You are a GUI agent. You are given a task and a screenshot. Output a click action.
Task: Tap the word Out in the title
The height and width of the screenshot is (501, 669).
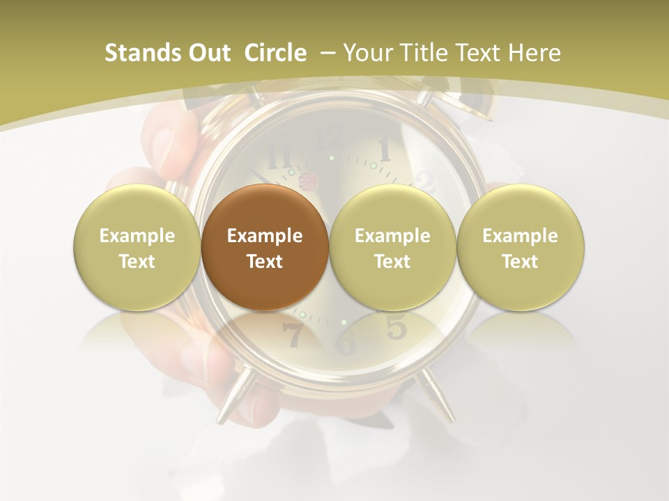click(x=208, y=53)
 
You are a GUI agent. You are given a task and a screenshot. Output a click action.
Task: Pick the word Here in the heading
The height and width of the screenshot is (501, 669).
click(x=534, y=53)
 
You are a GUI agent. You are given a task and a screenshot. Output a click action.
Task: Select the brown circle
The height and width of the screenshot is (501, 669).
click(x=264, y=248)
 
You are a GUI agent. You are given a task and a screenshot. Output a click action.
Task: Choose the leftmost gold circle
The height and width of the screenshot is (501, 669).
click(x=137, y=248)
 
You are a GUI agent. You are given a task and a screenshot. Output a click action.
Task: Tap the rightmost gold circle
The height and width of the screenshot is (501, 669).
click(x=520, y=248)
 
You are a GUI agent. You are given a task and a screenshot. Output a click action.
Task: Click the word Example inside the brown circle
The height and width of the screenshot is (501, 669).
click(x=264, y=236)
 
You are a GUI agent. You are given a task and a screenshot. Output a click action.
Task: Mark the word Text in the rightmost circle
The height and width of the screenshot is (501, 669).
click(x=520, y=261)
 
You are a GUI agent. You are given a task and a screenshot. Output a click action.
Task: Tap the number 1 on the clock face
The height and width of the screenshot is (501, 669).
click(x=384, y=148)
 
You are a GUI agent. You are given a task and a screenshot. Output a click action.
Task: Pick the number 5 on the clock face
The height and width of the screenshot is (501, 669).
click(x=396, y=326)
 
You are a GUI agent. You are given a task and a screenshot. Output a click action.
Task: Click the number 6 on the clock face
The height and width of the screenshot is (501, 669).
click(x=346, y=342)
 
